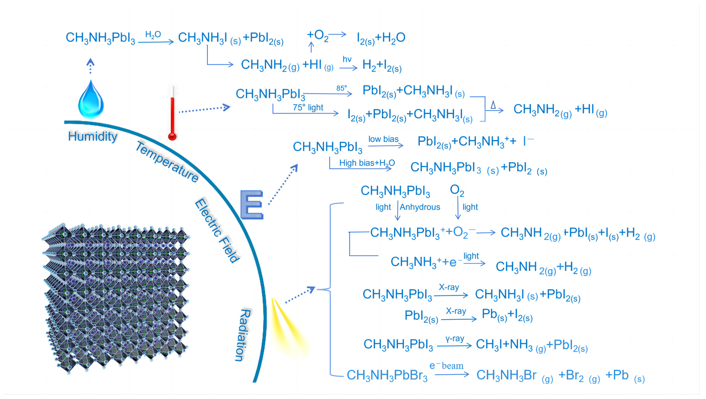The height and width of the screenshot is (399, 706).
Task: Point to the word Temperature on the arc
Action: (x=167, y=162)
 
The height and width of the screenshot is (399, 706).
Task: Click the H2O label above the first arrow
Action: (x=153, y=35)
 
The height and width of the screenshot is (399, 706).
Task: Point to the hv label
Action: (x=347, y=59)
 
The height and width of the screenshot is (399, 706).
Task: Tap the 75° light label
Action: (x=308, y=107)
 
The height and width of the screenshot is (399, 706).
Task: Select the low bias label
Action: (x=383, y=139)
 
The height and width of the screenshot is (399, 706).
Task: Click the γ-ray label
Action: (x=455, y=339)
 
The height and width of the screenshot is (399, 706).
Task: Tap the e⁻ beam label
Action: (x=446, y=366)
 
